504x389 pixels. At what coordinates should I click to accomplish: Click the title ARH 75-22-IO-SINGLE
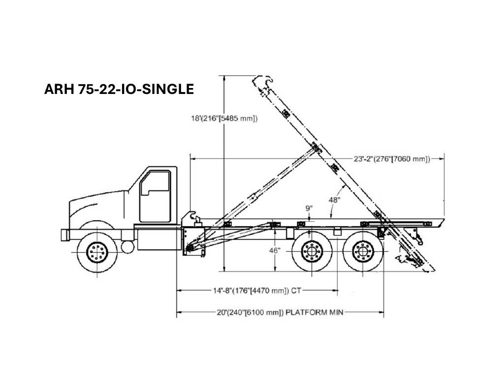tap(119, 89)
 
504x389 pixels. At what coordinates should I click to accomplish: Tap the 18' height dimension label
tap(224, 119)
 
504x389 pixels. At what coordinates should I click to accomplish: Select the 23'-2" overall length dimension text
tap(392, 159)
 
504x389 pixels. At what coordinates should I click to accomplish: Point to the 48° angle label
tap(334, 200)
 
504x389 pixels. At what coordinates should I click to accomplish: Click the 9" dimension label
tap(309, 208)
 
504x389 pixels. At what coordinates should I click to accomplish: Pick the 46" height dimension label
tap(275, 250)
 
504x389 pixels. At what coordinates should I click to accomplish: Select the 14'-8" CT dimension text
tap(257, 291)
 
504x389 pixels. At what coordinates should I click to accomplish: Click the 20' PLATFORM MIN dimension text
tap(280, 312)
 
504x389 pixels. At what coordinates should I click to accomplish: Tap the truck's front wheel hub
tap(97, 251)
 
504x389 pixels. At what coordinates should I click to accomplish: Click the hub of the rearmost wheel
tap(363, 251)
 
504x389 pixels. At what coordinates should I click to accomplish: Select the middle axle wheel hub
tap(312, 251)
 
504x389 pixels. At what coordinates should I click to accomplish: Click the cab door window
tap(155, 182)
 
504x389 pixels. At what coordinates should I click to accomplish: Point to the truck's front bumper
tap(65, 236)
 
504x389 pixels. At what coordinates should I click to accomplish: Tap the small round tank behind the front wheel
tap(127, 246)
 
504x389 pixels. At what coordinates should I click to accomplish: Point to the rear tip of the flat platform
tap(444, 219)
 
